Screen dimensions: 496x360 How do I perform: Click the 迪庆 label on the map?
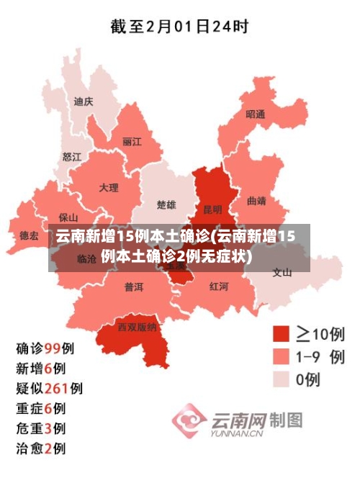[x=84, y=102]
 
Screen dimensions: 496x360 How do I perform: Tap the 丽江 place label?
[x=132, y=142]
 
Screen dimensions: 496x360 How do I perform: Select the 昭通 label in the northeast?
[x=255, y=114]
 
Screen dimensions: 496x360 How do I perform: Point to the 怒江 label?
[x=72, y=156]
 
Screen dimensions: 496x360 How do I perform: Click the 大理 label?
[x=109, y=188]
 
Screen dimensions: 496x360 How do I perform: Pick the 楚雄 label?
[x=166, y=205]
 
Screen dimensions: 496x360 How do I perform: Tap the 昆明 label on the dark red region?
[x=212, y=210]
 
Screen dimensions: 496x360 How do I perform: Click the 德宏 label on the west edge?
[x=30, y=235]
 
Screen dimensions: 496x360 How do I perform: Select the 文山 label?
[x=282, y=272]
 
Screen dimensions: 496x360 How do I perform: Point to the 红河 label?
[x=219, y=286]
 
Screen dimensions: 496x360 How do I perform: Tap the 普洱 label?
[x=134, y=287]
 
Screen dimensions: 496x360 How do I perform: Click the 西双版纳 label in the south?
[x=137, y=326]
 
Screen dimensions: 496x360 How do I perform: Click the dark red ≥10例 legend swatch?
[x=281, y=334]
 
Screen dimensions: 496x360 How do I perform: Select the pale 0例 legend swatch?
[x=281, y=379]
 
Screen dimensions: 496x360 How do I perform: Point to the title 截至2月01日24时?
[x=179, y=27]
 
